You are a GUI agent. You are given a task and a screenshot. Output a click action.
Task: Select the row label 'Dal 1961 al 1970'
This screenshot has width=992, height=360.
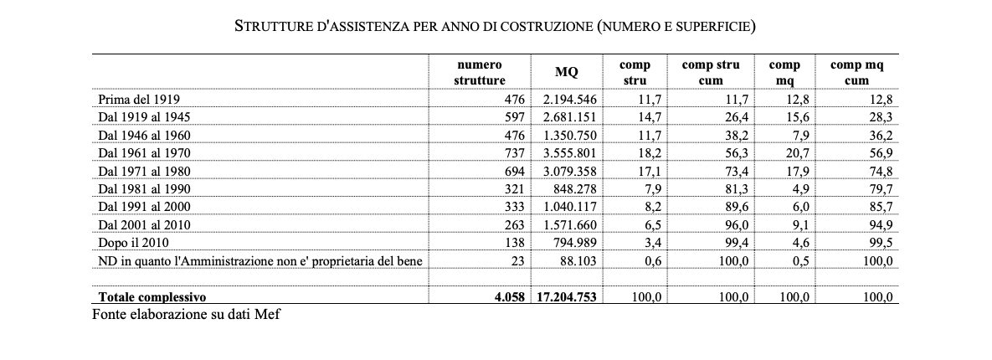tap(145, 152)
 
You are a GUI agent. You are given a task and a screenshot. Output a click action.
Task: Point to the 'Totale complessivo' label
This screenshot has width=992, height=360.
tap(152, 297)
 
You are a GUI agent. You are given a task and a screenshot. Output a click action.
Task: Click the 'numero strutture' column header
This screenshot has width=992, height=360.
tap(480, 73)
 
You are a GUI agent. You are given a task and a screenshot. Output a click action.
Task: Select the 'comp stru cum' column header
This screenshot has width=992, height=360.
tap(710, 73)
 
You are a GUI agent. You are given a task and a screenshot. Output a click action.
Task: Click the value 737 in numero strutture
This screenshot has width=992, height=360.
tap(512, 152)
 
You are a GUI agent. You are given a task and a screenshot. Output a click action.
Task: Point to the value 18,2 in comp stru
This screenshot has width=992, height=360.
tap(651, 152)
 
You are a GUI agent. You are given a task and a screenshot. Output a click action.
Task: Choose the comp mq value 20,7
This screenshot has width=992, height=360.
tap(796, 152)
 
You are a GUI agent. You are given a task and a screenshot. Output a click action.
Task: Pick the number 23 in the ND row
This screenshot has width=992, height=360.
tap(517, 260)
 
